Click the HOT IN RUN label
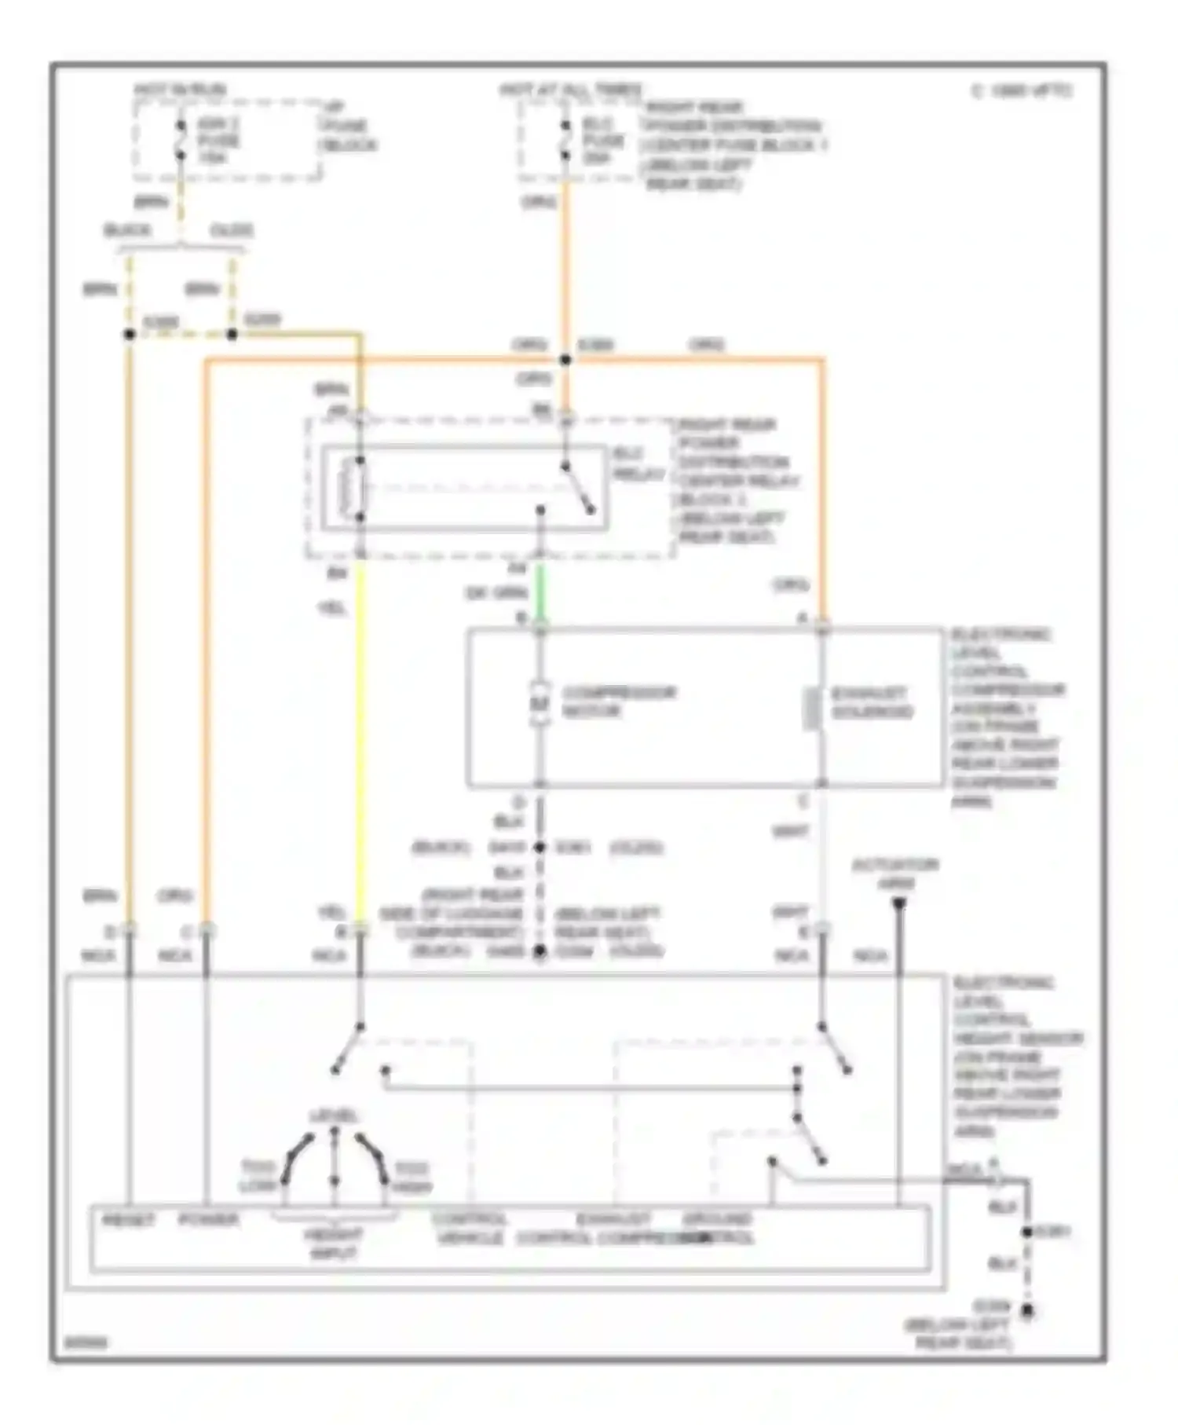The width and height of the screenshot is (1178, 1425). click(180, 90)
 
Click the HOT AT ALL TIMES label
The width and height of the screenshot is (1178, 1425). click(571, 90)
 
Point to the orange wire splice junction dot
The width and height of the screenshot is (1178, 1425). click(565, 360)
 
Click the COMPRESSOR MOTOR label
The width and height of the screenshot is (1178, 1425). click(619, 702)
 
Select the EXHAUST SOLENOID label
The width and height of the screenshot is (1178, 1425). click(872, 702)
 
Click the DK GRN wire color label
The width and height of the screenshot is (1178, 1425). click(496, 593)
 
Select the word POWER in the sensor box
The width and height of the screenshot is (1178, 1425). click(208, 1220)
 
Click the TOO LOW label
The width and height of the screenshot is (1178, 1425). click(258, 1176)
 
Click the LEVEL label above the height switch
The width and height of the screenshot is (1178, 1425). click(334, 1116)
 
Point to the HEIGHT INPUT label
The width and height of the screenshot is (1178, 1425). click(334, 1244)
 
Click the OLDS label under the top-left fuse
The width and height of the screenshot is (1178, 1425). click(232, 230)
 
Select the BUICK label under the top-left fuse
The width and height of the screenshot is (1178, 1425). click(128, 230)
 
